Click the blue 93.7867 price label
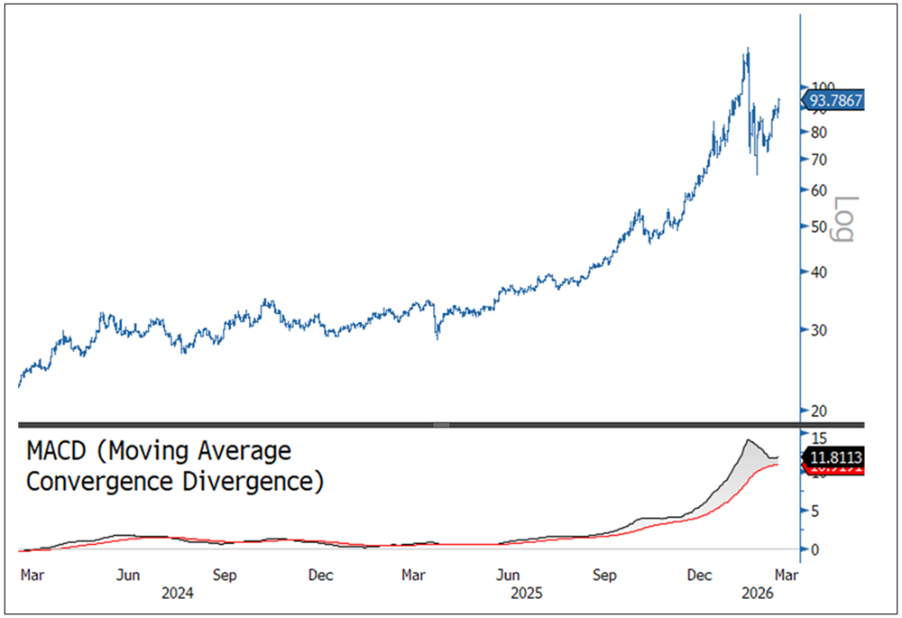[835, 100]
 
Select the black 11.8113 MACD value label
[835, 457]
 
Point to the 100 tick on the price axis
[819, 87]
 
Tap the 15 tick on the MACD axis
[815, 435]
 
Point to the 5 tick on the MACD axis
[814, 512]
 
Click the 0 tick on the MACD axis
[814, 549]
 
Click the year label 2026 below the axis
[755, 593]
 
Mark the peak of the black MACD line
[748, 439]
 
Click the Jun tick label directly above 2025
[511, 574]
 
